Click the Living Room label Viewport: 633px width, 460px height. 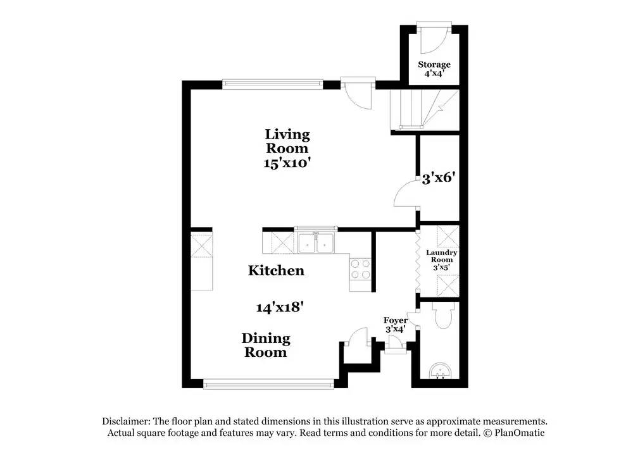click(287, 141)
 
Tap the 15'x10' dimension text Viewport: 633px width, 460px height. click(287, 163)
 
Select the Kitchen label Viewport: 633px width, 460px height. click(276, 271)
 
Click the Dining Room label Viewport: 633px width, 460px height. click(266, 345)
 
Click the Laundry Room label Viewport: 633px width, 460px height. click(441, 259)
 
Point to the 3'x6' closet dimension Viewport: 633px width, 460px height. click(439, 178)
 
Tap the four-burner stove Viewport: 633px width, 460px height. click(360, 270)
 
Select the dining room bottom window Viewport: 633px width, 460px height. click(268, 383)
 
